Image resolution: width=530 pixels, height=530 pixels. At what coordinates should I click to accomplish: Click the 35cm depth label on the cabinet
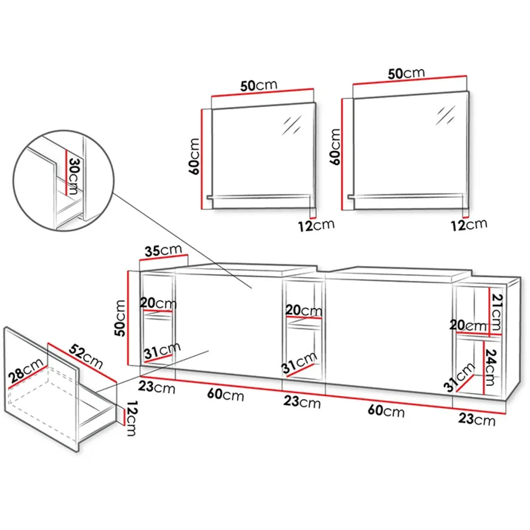[x=163, y=251]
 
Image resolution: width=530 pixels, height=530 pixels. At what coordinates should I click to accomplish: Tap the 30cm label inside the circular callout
[x=73, y=176]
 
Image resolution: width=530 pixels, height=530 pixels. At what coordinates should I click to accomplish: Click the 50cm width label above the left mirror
[x=259, y=85]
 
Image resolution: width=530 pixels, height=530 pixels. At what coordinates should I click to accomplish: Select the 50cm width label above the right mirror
[x=406, y=73]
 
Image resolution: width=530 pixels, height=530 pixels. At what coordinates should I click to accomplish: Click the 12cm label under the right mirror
[x=469, y=225]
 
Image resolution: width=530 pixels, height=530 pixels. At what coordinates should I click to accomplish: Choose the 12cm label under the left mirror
[x=316, y=226]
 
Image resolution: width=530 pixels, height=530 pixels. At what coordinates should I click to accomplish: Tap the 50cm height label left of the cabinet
[x=120, y=318]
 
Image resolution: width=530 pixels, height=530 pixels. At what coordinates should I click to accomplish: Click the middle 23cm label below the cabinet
[x=302, y=401]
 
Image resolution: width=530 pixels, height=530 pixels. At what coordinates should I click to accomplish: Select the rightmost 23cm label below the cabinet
[x=477, y=419]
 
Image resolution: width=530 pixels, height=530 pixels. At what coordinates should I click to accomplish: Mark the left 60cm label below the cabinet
[x=226, y=395]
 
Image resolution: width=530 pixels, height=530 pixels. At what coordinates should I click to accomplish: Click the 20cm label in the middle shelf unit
[x=303, y=310]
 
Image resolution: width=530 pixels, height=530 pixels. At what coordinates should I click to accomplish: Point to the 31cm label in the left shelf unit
[x=162, y=351]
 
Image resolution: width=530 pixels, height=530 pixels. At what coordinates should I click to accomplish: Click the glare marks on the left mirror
[x=291, y=125]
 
